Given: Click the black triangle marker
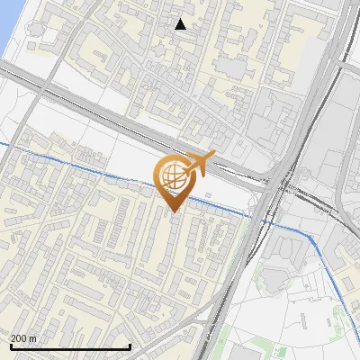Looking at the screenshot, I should point(181,24).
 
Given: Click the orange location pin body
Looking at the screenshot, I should point(174,181).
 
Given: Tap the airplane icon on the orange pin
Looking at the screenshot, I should point(199,163).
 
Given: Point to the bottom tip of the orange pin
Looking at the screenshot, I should point(174,212).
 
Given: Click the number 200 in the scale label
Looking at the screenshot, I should point(19,338).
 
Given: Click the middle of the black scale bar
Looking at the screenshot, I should point(70,346).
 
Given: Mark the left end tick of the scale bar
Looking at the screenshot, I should point(10,346).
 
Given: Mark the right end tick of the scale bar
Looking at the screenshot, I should point(130,346).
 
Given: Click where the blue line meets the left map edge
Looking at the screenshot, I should point(1,142).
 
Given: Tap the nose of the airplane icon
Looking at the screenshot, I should point(214,154).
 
